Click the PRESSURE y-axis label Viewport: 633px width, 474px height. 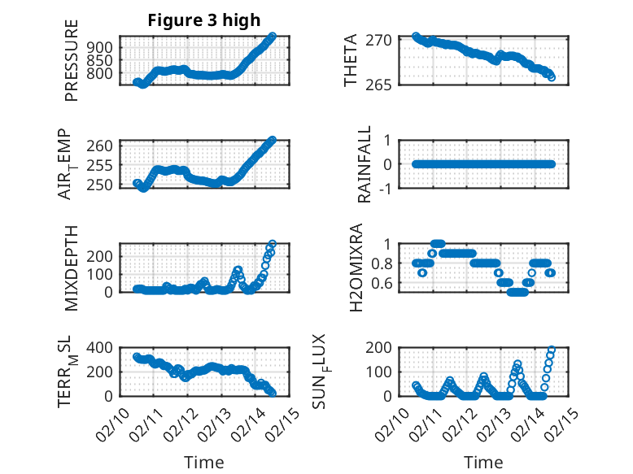click(72, 67)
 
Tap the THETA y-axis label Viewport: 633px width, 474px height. click(351, 61)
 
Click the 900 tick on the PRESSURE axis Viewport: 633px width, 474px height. click(103, 47)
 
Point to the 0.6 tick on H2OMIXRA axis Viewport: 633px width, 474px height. click(382, 283)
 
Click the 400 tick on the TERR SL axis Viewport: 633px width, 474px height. click(103, 347)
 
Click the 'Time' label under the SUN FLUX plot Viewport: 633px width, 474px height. click(483, 462)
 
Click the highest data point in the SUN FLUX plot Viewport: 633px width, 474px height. click(552, 350)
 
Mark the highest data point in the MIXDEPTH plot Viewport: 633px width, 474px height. click(272, 244)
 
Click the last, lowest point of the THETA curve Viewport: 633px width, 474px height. click(552, 76)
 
